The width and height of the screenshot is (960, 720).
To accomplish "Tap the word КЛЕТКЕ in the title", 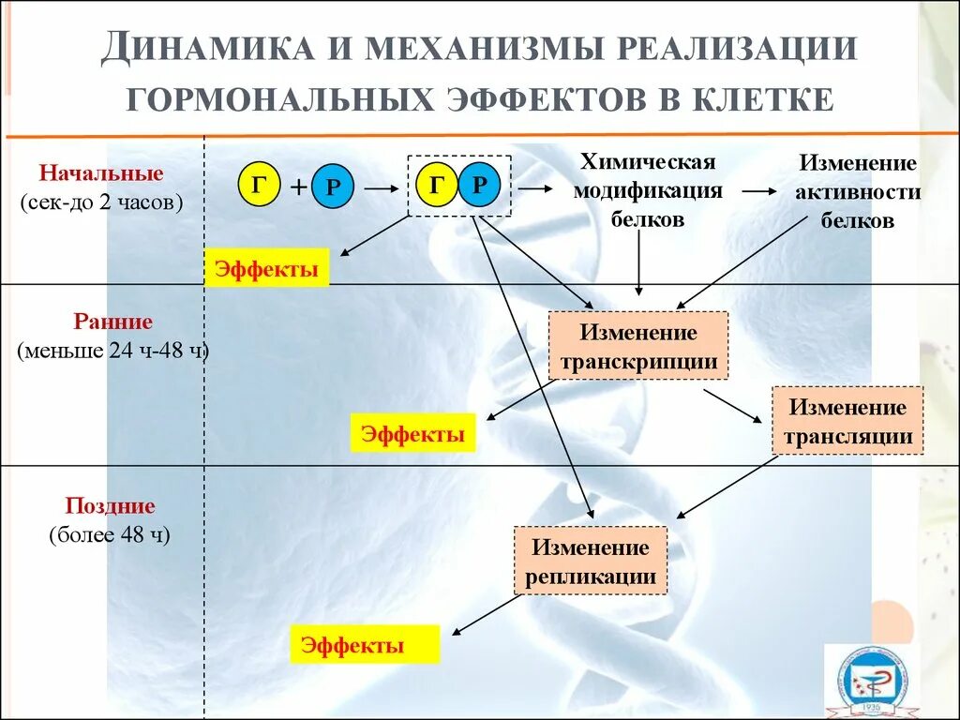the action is pyautogui.click(x=762, y=98).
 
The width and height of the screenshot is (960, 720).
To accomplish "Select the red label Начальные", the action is pyautogui.click(x=100, y=173).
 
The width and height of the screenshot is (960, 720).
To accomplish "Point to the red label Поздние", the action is pyautogui.click(x=110, y=506).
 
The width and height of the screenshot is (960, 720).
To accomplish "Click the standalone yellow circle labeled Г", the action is pyautogui.click(x=260, y=185).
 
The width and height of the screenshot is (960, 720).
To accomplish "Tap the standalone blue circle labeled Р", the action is pyautogui.click(x=332, y=187).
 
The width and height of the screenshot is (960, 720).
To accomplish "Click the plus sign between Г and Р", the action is pyautogui.click(x=297, y=187).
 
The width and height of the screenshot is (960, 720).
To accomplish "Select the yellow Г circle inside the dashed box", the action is pyautogui.click(x=437, y=185).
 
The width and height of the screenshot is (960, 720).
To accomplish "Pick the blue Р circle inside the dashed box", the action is pyautogui.click(x=480, y=185).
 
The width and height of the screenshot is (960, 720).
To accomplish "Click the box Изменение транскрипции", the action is pyautogui.click(x=638, y=346).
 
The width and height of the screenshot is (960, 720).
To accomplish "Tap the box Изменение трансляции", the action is pyautogui.click(x=847, y=421).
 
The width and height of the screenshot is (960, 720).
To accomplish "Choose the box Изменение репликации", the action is pyautogui.click(x=591, y=561).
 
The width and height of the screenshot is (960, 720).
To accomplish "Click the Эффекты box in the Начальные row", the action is pyautogui.click(x=266, y=269).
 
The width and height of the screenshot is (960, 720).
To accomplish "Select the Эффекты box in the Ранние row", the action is pyautogui.click(x=412, y=434).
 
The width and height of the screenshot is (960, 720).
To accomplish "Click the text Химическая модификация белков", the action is pyautogui.click(x=648, y=191).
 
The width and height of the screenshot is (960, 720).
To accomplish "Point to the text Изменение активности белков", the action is pyautogui.click(x=857, y=192).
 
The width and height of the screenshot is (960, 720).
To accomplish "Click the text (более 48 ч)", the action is pyautogui.click(x=110, y=535).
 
